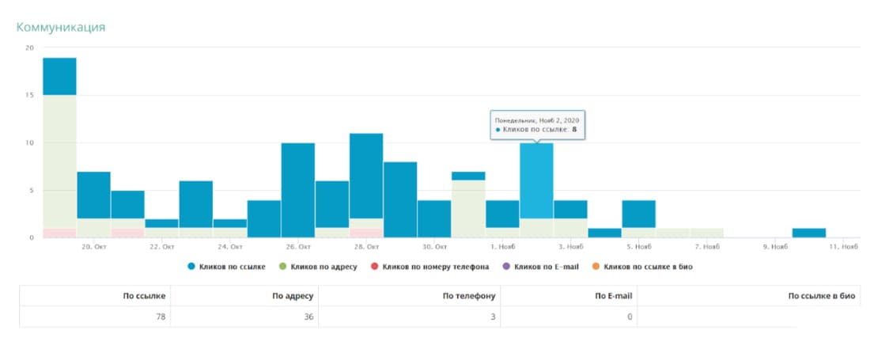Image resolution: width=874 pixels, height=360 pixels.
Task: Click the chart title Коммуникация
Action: click(x=61, y=28)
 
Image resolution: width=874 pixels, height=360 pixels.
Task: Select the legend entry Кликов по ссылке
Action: click(x=227, y=267)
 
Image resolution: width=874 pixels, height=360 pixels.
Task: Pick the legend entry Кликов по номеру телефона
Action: click(x=429, y=267)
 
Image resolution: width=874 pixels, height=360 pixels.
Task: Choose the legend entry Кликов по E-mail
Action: click(x=541, y=267)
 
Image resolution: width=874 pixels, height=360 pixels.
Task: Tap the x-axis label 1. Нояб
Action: click(x=503, y=246)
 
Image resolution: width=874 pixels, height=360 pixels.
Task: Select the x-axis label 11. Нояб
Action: click(x=843, y=246)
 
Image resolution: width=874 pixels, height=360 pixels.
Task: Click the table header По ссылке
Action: click(x=145, y=296)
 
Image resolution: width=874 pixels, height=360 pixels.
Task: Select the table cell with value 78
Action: click(x=161, y=317)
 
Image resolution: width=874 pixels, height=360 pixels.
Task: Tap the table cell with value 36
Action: click(x=308, y=317)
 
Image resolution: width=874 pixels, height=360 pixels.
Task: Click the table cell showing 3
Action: click(x=494, y=317)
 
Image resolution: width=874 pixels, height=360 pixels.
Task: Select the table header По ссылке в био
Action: click(x=822, y=296)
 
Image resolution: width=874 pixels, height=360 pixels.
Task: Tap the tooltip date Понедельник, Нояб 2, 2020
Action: click(x=537, y=119)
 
